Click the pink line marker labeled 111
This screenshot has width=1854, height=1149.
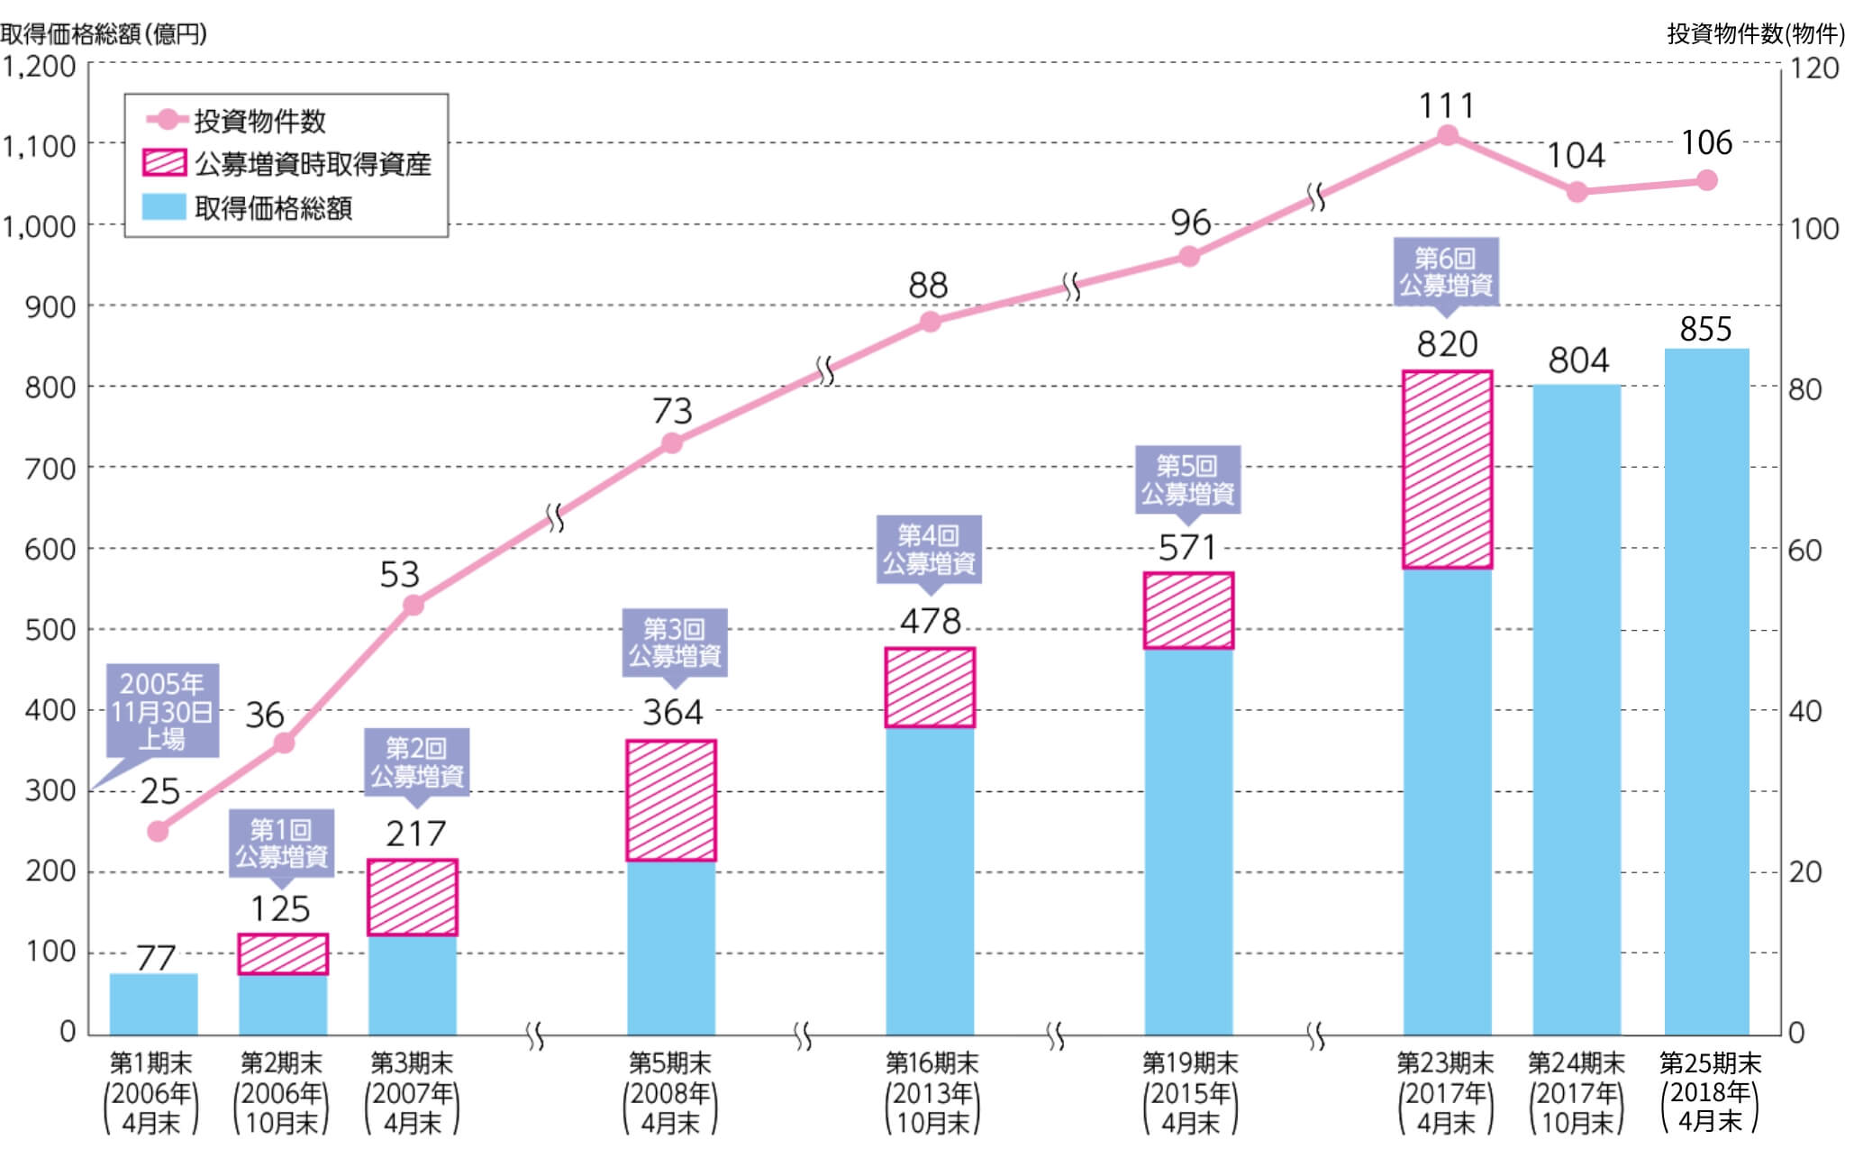tap(1447, 135)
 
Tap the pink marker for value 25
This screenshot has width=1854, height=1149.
tap(158, 831)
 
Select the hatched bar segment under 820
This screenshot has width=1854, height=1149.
tap(1447, 470)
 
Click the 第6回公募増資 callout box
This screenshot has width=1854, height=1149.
tap(1446, 271)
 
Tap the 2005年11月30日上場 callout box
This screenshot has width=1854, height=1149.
tap(162, 711)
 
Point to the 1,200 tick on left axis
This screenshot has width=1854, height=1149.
tap(39, 66)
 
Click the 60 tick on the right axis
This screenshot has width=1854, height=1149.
tap(1804, 550)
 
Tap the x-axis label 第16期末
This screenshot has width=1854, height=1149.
tap(932, 1063)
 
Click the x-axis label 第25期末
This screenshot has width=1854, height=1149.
tap(1709, 1063)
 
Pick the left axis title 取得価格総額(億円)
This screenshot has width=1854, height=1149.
tap(104, 34)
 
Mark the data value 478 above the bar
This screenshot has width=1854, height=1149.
tap(930, 621)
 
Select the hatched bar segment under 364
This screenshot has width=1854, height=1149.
tap(671, 800)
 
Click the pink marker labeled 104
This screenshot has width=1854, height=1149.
tap(1577, 192)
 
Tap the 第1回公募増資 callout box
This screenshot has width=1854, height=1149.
tap(281, 843)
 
